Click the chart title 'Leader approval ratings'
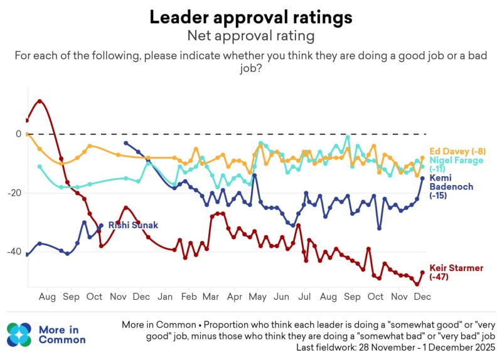(251, 17)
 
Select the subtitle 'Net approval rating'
(251, 36)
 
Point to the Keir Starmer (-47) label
(456, 272)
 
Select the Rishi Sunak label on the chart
(133, 225)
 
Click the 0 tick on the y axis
(19, 134)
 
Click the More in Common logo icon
(19, 334)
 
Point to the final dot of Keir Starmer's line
(422, 272)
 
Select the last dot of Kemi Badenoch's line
(422, 178)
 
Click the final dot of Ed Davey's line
(423, 157)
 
